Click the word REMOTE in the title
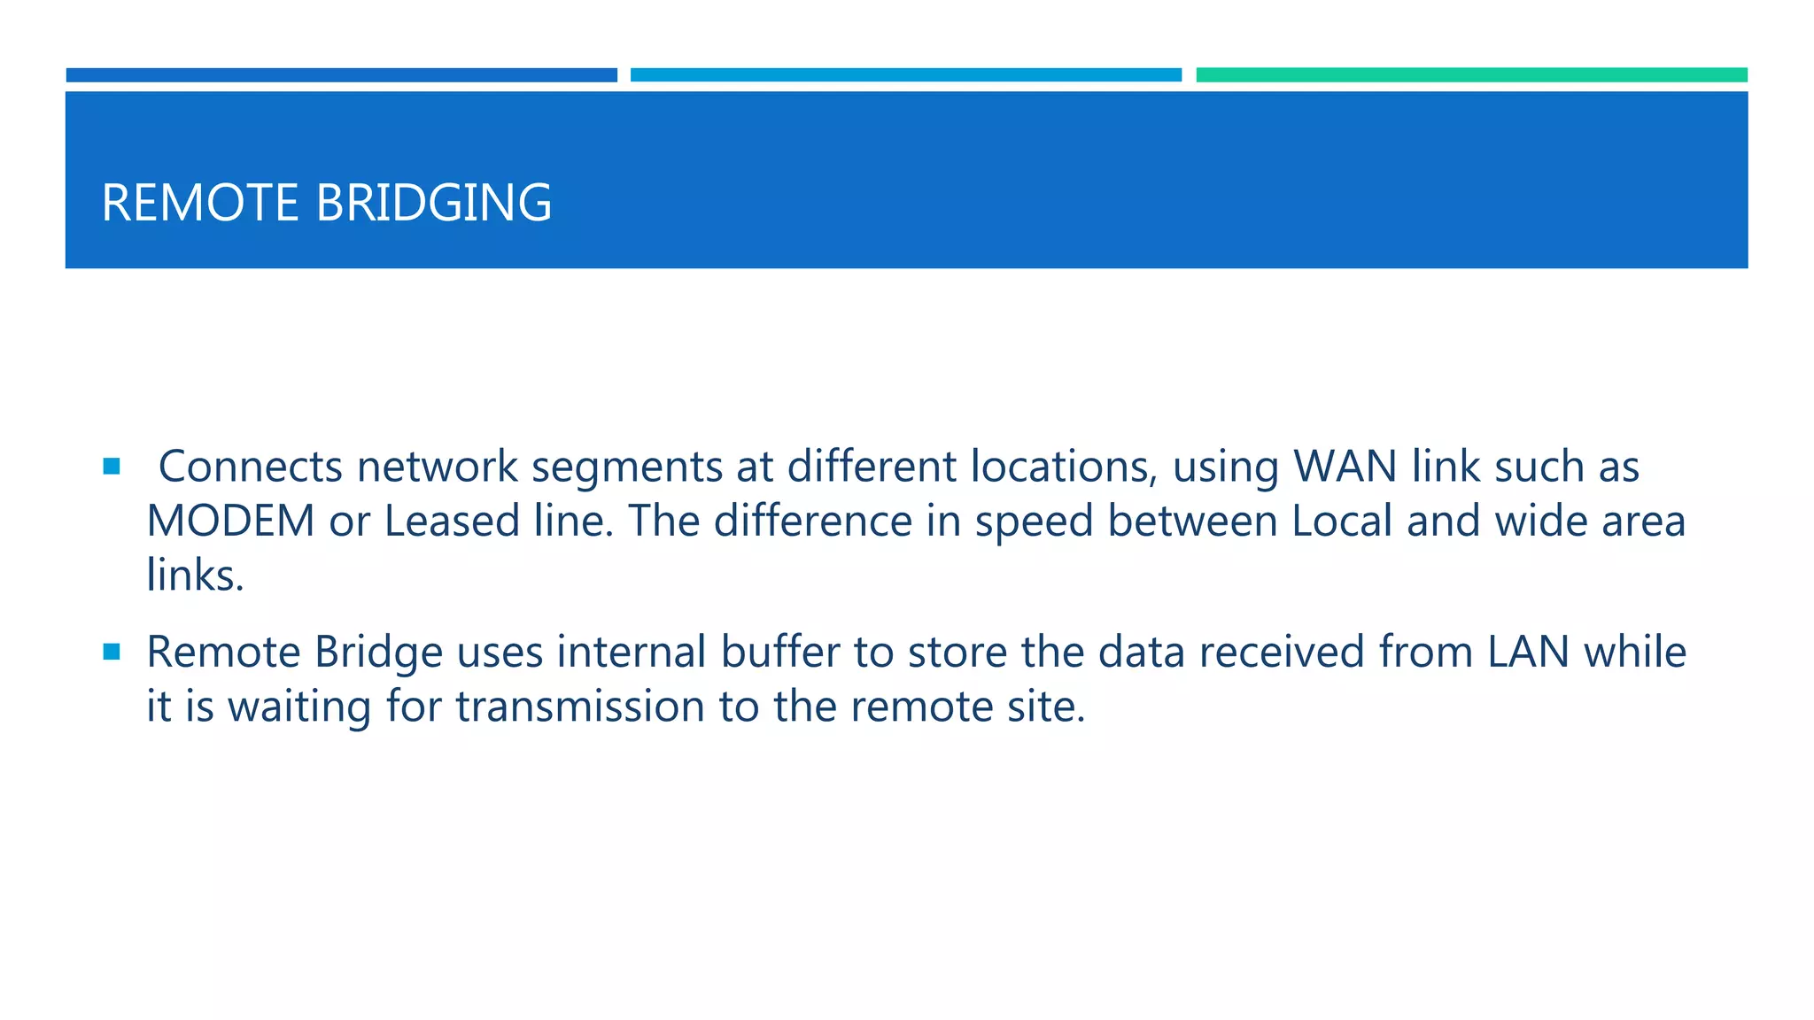(x=200, y=203)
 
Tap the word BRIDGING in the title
(x=433, y=203)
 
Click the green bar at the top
(x=1471, y=75)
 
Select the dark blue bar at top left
(x=341, y=75)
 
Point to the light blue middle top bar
(x=905, y=75)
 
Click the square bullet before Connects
(x=112, y=467)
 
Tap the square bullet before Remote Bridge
(x=112, y=653)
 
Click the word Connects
(x=250, y=467)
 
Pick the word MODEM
(x=230, y=521)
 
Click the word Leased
(x=452, y=521)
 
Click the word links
(x=195, y=576)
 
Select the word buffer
(x=779, y=653)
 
